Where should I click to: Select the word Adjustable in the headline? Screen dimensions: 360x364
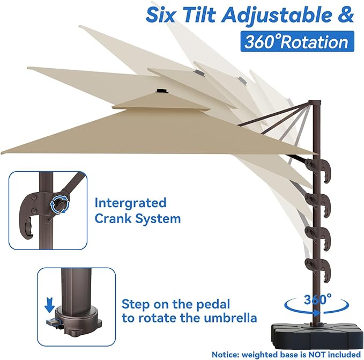274,14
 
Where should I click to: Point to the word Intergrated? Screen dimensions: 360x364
130,203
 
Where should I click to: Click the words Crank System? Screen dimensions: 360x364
138,219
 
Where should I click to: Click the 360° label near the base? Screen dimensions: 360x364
316,299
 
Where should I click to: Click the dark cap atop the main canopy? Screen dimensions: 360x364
160,91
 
